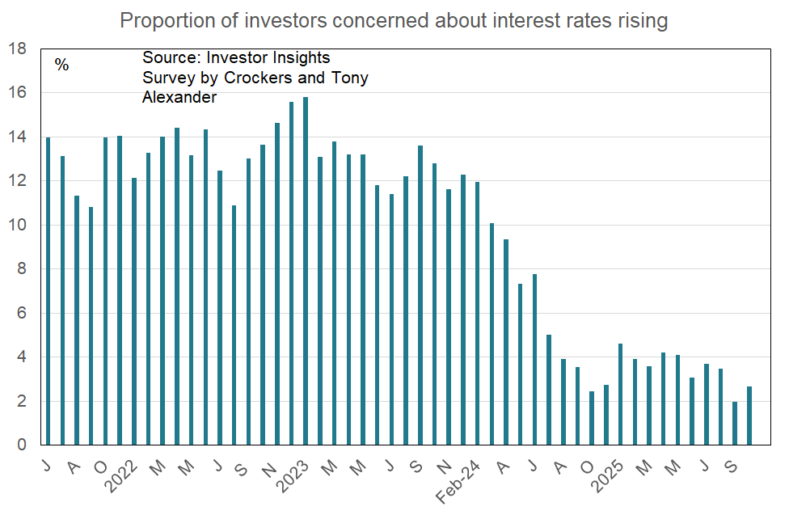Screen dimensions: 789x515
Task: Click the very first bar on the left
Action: click(48, 291)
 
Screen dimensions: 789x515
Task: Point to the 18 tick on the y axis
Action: click(17, 49)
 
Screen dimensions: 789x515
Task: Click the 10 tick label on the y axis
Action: click(17, 225)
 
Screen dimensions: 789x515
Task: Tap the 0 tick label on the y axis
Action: click(22, 445)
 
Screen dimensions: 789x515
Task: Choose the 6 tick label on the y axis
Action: click(22, 313)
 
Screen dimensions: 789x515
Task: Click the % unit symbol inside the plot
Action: click(62, 65)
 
